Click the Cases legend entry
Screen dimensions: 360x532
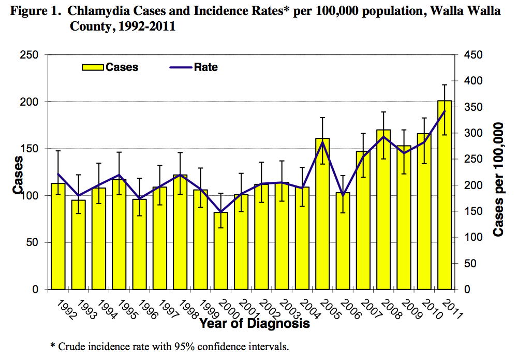[x=110, y=67]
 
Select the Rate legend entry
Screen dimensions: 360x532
[x=194, y=67]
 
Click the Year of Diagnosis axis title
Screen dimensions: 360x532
[x=255, y=324]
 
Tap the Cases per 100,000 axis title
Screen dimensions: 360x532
[x=498, y=180]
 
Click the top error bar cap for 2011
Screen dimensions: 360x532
[x=445, y=84]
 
